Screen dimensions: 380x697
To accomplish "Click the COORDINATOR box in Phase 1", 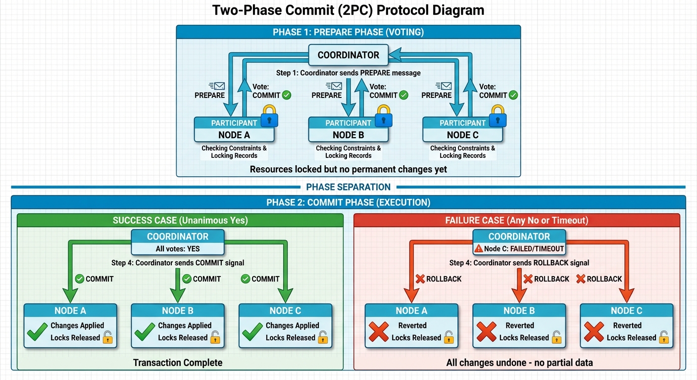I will pos(348,55).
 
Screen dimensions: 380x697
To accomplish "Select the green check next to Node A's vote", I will pos(286,95).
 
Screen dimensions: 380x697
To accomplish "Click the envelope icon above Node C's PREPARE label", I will pos(441,86).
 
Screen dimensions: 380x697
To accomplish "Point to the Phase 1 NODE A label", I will pos(234,135).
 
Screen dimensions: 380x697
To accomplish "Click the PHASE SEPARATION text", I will pos(348,187).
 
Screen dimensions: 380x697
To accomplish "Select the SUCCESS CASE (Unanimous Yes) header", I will pos(180,220).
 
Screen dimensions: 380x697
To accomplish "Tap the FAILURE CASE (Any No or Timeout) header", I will pos(516,220).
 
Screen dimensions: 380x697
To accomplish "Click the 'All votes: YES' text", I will pos(178,249).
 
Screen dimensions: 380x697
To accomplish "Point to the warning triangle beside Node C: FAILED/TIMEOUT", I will pos(478,249).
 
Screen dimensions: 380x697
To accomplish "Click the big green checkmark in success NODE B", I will pos(145,332).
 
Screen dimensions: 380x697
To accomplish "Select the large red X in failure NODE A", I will pos(379,332).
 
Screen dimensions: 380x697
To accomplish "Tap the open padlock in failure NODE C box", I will pos(664,337).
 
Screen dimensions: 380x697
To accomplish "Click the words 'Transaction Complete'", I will pos(178,363).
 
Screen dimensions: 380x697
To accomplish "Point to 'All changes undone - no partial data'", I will pos(519,363).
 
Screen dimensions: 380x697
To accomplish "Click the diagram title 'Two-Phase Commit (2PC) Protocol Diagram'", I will pos(348,10).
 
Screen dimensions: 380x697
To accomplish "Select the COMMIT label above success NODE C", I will pos(265,279).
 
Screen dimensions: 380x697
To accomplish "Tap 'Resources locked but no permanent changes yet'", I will pos(348,169).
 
